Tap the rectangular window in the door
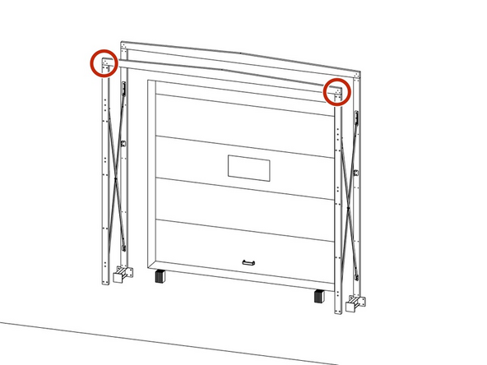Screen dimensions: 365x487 pyautogui.click(x=248, y=168)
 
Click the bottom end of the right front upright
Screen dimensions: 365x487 pyautogui.click(x=336, y=312)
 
